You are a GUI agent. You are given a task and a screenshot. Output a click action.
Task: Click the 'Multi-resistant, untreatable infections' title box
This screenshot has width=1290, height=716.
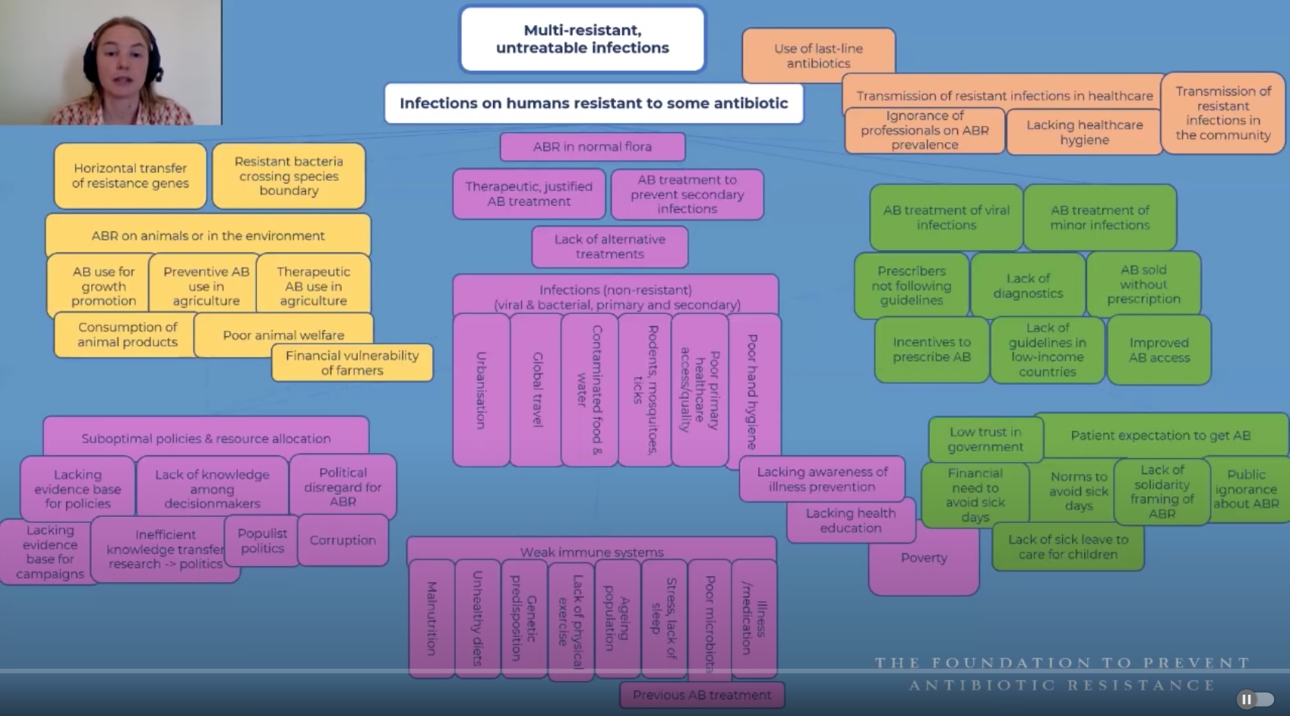[583, 40]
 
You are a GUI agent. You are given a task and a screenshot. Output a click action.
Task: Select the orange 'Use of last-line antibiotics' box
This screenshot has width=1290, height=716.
[818, 55]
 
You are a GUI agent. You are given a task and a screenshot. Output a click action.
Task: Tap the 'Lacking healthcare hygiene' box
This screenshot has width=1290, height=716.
[1084, 132]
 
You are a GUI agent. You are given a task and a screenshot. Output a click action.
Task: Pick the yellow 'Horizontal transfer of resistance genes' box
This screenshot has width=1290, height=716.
[130, 176]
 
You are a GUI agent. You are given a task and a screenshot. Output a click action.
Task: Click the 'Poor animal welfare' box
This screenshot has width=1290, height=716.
[283, 334]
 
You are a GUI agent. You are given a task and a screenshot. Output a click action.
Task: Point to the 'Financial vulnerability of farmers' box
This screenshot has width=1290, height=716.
[352, 363]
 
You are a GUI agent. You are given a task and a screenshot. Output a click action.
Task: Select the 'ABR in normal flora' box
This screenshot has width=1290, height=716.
[592, 147]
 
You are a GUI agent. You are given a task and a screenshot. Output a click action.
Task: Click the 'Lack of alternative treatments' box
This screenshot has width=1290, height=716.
[609, 246]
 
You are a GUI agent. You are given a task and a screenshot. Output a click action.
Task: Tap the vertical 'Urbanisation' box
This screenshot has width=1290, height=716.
[481, 390]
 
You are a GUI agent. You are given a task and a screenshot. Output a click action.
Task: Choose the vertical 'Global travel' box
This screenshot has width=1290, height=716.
[537, 390]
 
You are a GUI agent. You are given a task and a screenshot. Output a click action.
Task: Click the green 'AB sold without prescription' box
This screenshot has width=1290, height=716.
[1143, 284]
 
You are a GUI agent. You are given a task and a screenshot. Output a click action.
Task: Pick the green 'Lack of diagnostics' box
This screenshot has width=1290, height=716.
[1028, 286]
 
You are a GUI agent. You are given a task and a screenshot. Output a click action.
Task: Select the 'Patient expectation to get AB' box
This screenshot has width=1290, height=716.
[1160, 436]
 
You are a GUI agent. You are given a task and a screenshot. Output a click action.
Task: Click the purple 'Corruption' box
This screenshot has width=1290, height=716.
[343, 540]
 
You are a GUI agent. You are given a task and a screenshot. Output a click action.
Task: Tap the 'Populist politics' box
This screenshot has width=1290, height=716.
[262, 540]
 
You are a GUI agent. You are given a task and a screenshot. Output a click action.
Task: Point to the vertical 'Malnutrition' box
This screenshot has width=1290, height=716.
[432, 618]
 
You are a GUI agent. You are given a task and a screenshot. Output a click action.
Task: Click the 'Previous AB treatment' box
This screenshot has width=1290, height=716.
[701, 695]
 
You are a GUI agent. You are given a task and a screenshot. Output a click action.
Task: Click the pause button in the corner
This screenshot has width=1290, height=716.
[1247, 699]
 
